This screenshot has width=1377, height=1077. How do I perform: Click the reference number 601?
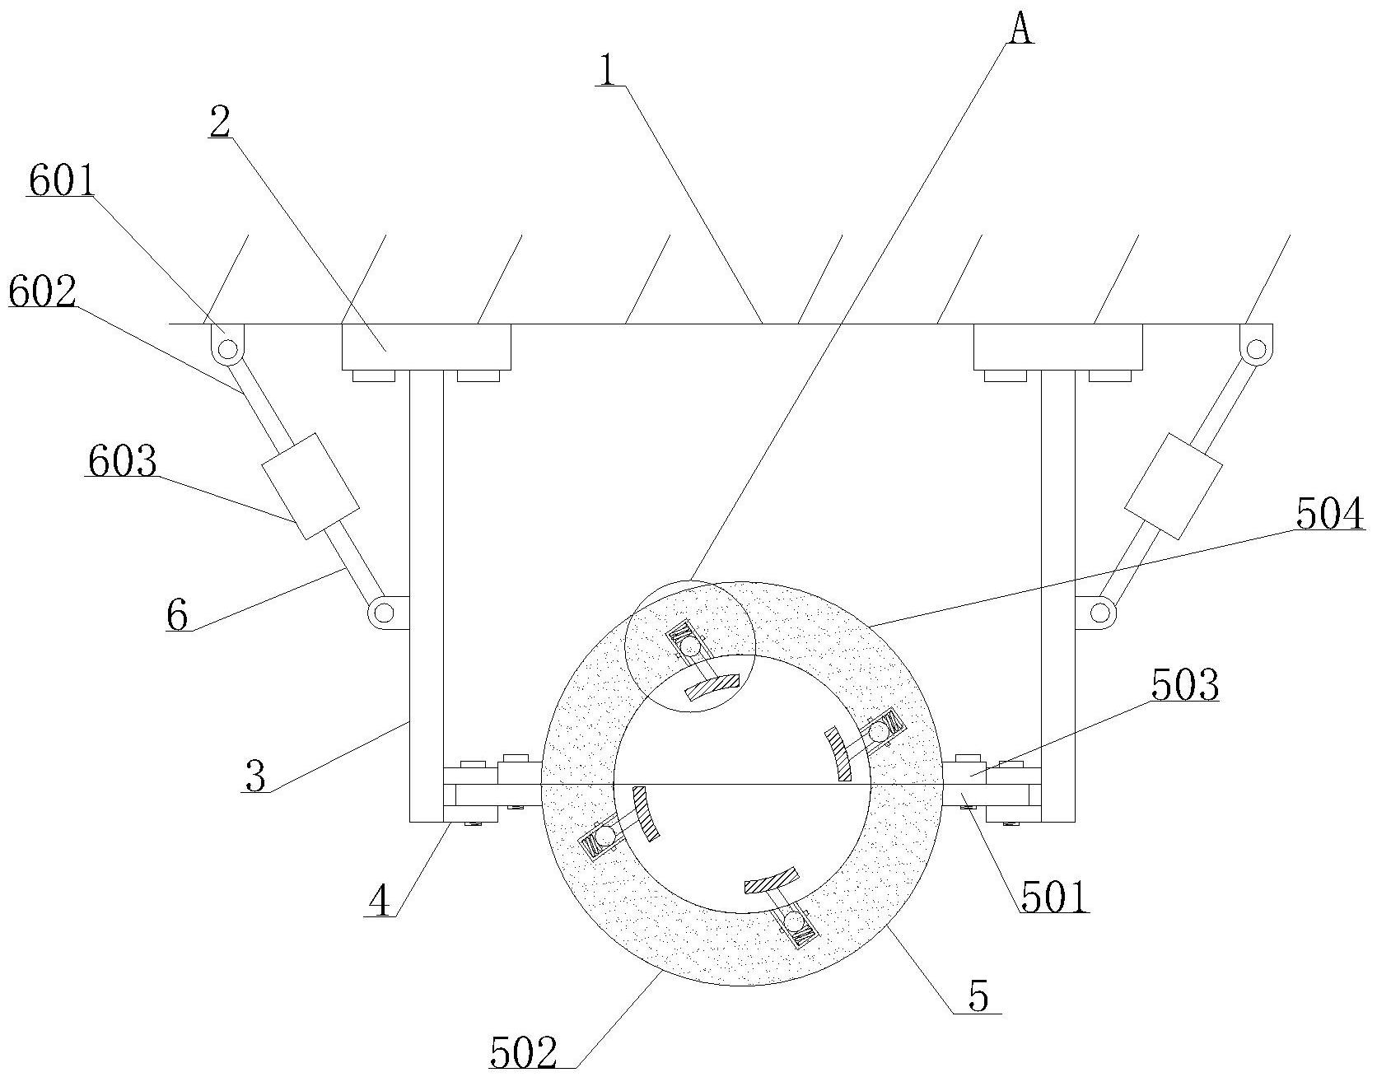point(62,182)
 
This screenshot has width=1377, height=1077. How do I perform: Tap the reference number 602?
point(43,291)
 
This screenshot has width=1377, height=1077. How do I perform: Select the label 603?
point(121,462)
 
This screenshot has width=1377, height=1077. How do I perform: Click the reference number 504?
point(1329,515)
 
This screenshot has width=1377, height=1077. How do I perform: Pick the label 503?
point(1185,685)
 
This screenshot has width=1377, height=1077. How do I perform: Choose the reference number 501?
point(1054,897)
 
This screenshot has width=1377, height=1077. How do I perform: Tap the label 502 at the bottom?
point(524,1053)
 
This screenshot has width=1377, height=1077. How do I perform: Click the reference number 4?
point(380,902)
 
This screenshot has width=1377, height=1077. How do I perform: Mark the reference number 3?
point(256,776)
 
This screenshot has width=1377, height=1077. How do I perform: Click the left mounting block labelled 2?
point(426,347)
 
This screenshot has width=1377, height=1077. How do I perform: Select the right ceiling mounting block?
point(1057,347)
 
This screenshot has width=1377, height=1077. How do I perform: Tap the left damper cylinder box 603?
point(310,486)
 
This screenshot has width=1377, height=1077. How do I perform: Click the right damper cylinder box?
point(1173,486)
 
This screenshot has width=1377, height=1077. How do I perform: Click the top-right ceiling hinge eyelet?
point(1254,349)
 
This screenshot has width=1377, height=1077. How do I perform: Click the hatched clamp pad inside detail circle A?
point(712,686)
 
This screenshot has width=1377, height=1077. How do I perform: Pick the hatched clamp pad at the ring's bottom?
point(772,880)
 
